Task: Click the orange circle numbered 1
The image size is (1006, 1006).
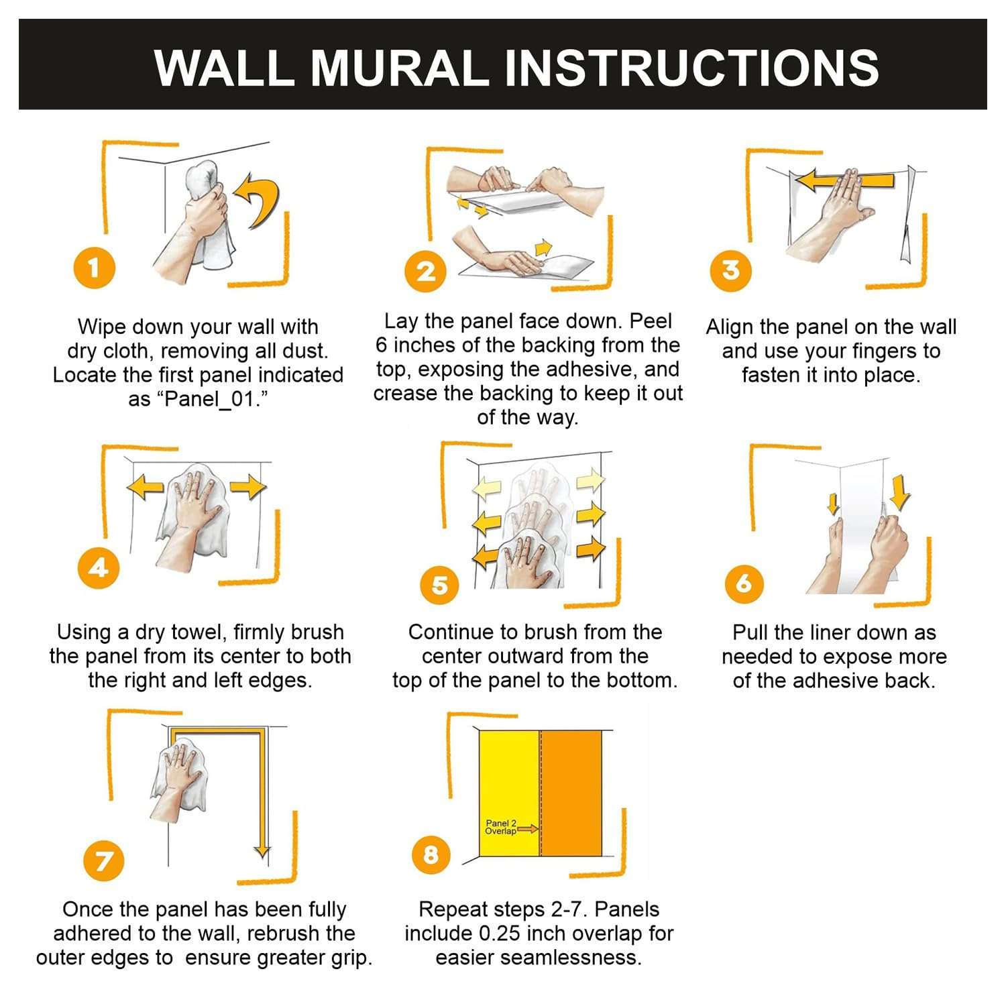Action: tap(94, 268)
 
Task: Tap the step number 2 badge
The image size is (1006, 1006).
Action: tap(426, 272)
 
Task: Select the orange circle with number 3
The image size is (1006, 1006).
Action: tap(730, 270)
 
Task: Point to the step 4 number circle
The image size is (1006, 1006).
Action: tap(99, 568)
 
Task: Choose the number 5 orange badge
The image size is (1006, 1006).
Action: tap(439, 585)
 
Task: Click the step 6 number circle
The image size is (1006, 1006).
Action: tap(744, 583)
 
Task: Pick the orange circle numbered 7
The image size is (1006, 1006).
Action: tap(104, 860)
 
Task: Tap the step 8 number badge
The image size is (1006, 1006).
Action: tap(431, 854)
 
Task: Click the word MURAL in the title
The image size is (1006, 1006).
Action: tap(398, 67)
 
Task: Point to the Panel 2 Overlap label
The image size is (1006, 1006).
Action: tap(501, 827)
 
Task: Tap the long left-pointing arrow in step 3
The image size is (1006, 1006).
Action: tap(844, 180)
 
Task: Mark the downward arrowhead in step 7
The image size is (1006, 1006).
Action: tap(262, 852)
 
